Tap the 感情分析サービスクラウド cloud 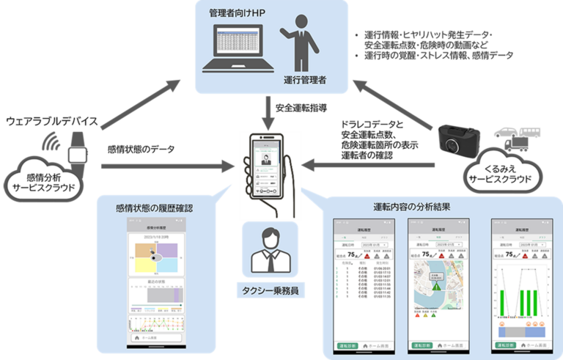[45, 179]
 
